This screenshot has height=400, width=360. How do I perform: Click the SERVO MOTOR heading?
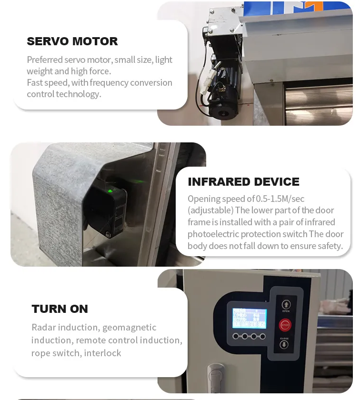click(x=72, y=41)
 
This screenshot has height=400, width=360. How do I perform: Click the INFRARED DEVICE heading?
click(x=243, y=182)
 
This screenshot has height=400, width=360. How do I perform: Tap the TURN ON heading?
click(x=60, y=309)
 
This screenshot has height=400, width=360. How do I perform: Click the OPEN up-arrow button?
click(x=286, y=304)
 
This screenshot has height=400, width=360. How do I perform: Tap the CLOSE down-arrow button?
click(x=284, y=344)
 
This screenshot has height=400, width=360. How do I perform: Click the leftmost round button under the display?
click(x=236, y=337)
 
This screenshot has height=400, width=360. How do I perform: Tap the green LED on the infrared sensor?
click(x=110, y=191)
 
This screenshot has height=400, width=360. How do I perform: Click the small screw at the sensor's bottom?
click(x=108, y=234)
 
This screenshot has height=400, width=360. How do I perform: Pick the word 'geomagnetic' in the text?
click(x=129, y=328)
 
